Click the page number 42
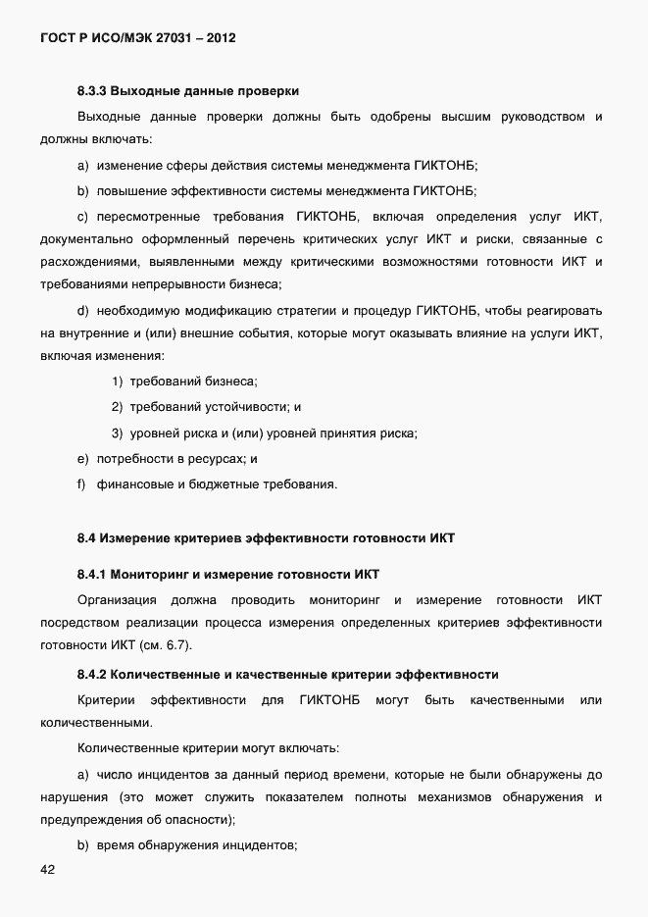(49, 870)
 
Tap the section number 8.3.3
(91, 91)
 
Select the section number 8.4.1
(91, 573)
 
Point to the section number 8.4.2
(91, 675)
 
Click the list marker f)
(82, 484)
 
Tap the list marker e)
(82, 458)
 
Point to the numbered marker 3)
(117, 433)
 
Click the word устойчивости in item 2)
(247, 407)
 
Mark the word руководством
(542, 118)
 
